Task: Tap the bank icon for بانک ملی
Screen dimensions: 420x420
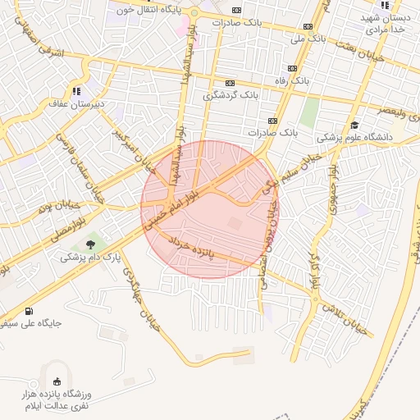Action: point(308,26)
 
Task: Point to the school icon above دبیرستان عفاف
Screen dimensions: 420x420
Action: point(77,91)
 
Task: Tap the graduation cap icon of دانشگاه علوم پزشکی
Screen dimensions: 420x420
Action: point(354,125)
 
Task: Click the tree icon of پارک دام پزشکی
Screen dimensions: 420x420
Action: point(90,244)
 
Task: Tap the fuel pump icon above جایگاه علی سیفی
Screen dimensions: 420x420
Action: point(30,310)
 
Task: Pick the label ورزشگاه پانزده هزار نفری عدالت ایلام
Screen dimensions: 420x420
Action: point(58,401)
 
